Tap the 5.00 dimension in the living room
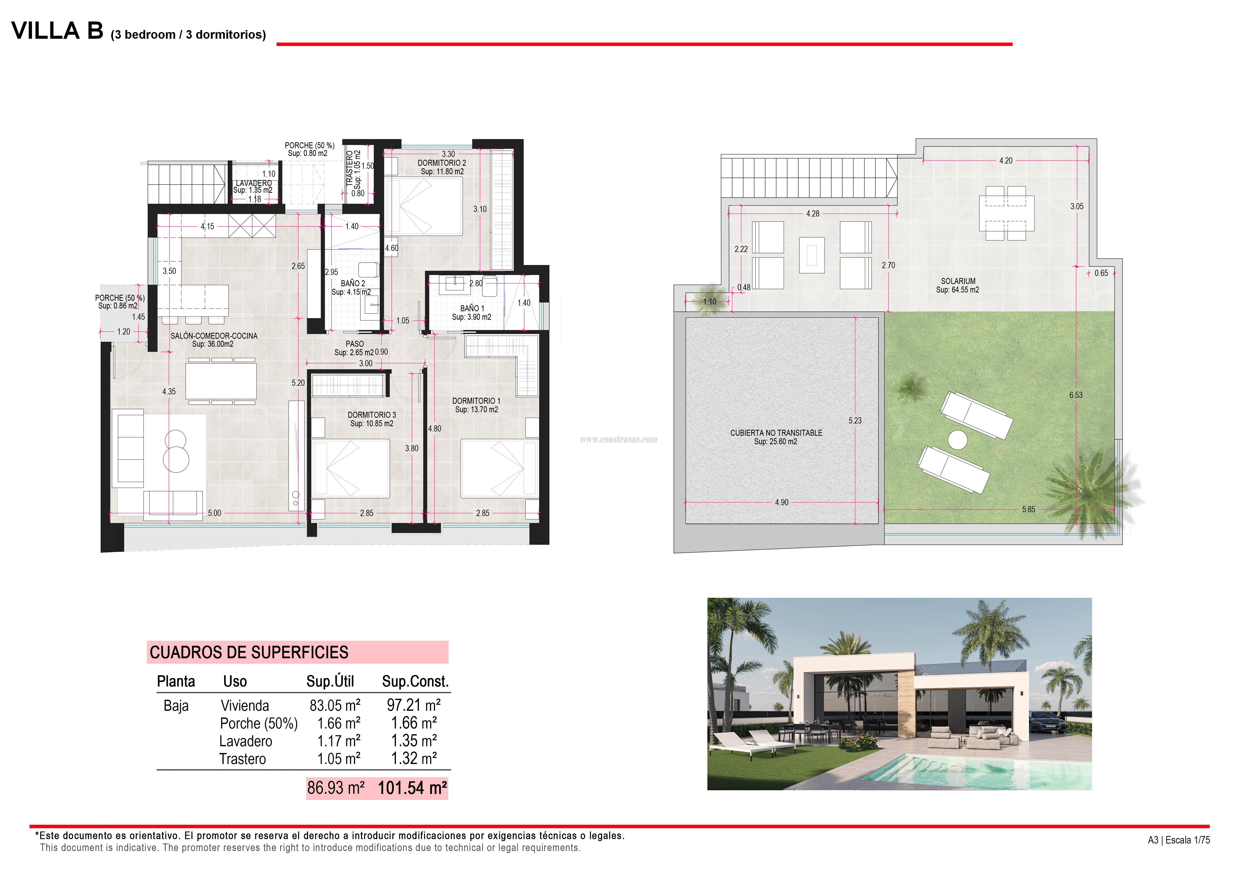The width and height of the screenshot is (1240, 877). click(214, 513)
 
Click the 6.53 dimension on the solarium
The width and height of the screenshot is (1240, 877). click(1075, 395)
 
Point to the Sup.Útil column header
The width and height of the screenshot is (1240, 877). click(330, 681)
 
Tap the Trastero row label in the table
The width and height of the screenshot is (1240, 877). click(243, 759)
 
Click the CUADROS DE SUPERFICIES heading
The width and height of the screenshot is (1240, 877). click(249, 652)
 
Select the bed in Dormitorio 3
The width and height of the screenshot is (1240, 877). click(351, 468)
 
